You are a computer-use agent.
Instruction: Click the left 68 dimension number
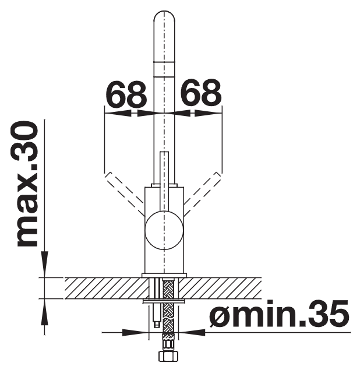tap(126, 94)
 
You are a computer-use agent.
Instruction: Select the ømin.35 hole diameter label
tap(279, 314)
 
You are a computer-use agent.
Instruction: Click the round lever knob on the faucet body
tap(164, 230)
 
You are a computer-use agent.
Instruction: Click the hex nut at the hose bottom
tap(168, 356)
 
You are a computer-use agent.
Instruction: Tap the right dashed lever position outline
tap(203, 193)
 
